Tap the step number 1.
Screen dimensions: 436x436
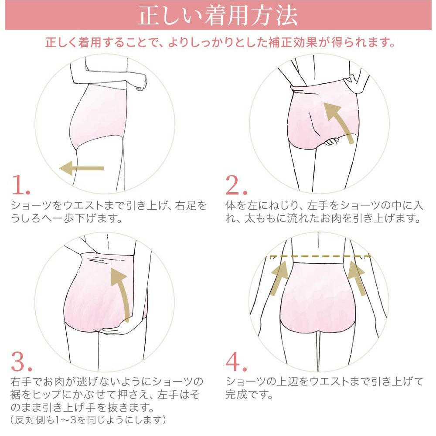[x=21, y=185]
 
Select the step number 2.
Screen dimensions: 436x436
[x=236, y=185]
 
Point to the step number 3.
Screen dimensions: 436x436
[x=21, y=361]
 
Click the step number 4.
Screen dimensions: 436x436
[x=236, y=361]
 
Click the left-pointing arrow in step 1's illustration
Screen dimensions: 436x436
[x=82, y=168]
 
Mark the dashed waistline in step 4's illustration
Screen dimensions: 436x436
[x=320, y=256]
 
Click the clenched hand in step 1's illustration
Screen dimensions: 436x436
[x=141, y=82]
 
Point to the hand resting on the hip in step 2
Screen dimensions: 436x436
[x=353, y=83]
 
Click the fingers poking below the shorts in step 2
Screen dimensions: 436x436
[x=332, y=141]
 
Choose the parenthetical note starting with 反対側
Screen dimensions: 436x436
[x=89, y=419]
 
